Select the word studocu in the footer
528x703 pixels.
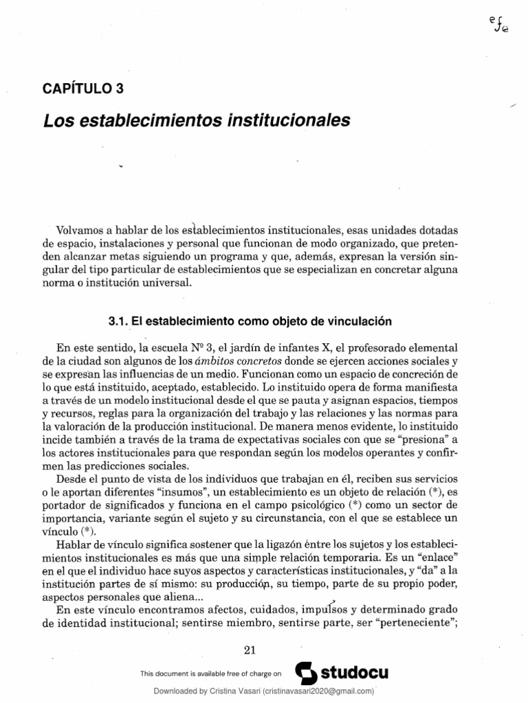point(351,673)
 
